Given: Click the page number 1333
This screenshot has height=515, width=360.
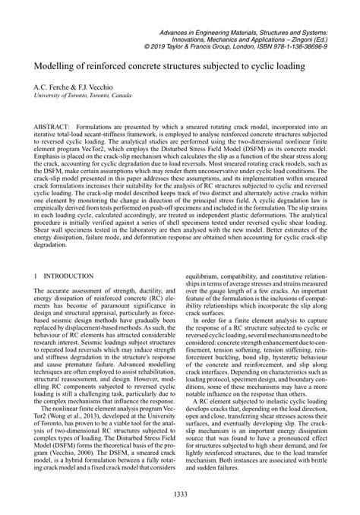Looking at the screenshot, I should click(x=180, y=494).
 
